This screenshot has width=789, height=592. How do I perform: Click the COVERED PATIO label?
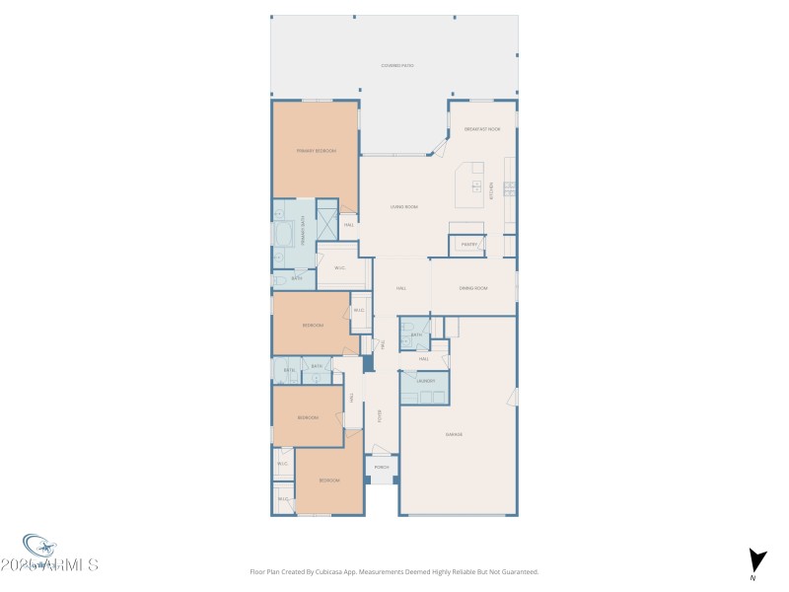click(x=397, y=66)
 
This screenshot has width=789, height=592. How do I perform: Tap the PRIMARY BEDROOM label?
click(x=317, y=151)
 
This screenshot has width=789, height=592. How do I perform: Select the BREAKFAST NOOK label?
click(x=482, y=129)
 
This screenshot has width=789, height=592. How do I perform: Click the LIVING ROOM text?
click(x=404, y=206)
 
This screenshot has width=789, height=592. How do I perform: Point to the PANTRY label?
click(x=468, y=244)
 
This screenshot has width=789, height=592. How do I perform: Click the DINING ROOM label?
click(x=473, y=288)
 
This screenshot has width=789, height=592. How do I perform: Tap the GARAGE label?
click(x=454, y=434)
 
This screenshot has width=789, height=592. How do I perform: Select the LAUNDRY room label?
click(x=425, y=380)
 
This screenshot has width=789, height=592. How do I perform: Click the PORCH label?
click(x=382, y=467)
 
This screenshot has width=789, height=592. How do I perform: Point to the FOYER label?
click(x=379, y=415)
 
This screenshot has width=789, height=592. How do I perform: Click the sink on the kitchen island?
click(x=477, y=187)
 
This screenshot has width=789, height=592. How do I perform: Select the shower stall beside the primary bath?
click(x=326, y=224)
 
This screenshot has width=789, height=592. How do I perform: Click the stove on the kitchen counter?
click(x=510, y=186)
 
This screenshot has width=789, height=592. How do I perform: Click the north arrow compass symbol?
click(x=756, y=559)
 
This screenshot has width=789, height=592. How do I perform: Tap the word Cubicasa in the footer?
click(x=320, y=571)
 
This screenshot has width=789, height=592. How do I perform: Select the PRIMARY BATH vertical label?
click(x=302, y=232)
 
